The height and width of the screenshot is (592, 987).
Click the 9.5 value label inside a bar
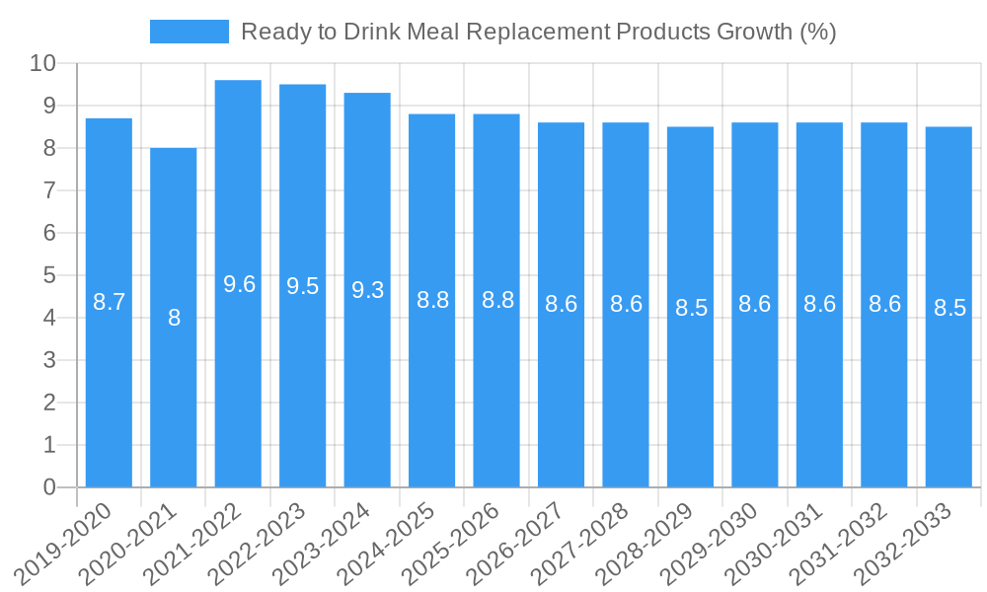(303, 286)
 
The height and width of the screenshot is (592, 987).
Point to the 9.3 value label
(367, 290)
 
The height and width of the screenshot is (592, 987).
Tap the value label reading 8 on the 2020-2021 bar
(174, 318)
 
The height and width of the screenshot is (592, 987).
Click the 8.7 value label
(109, 302)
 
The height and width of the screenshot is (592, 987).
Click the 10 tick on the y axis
(42, 64)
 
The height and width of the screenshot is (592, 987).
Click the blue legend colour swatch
(189, 32)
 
